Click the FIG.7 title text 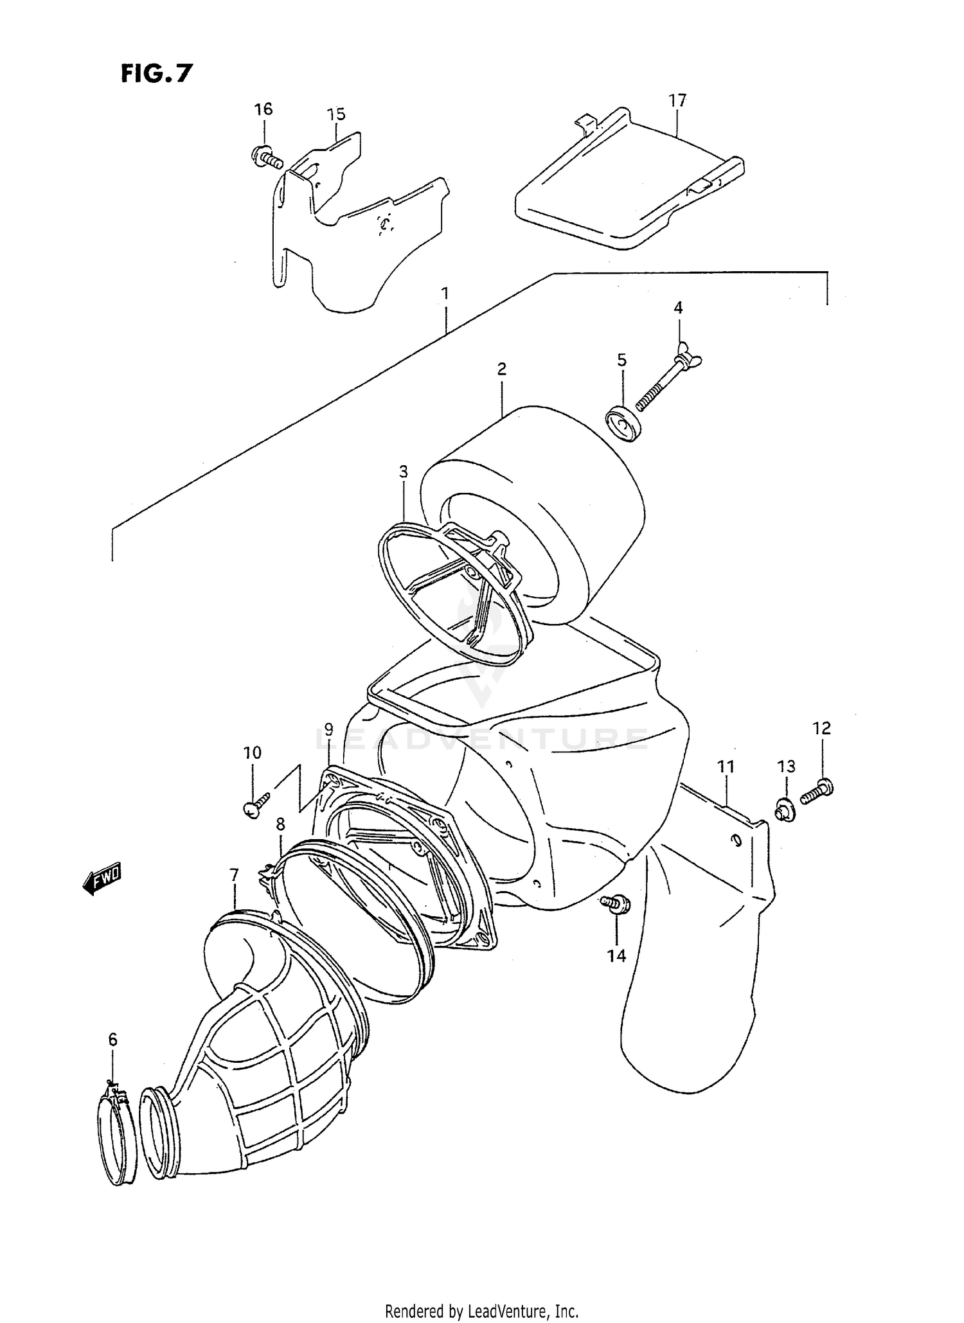point(156,74)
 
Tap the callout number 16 point(263,109)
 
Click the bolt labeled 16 point(266,157)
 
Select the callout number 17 point(677,100)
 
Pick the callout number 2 point(501,369)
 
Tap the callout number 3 point(403,472)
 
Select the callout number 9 point(328,729)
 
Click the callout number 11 point(726,766)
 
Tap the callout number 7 point(234,875)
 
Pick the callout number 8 point(280,824)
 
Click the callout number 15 point(336,114)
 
